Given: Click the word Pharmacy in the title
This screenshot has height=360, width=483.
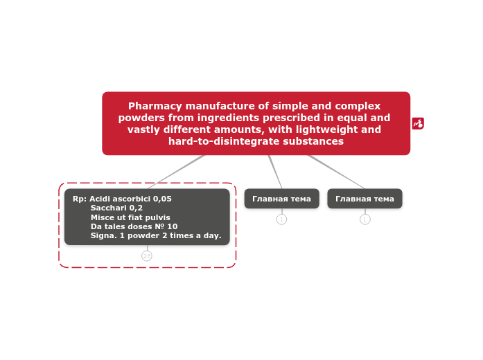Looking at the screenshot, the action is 155,106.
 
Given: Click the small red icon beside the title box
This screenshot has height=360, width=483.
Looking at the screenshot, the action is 418,123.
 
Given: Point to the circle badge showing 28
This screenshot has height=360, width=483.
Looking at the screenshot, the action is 147,255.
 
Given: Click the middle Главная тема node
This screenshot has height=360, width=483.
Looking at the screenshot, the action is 281,199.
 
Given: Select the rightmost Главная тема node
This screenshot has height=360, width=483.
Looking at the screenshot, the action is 365,199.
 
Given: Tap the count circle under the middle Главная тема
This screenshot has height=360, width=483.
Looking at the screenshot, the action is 281,219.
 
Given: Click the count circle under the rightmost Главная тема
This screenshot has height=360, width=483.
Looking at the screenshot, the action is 365,219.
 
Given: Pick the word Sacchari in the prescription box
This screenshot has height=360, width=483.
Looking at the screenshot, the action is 108,208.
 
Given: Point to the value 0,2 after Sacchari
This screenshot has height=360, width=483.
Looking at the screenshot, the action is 136,208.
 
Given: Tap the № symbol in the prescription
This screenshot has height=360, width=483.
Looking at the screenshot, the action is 159,226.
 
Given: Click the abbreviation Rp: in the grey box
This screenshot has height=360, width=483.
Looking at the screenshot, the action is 80,199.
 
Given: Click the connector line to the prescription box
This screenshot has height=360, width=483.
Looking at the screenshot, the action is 177,172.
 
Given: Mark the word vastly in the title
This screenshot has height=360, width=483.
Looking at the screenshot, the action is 143,129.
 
